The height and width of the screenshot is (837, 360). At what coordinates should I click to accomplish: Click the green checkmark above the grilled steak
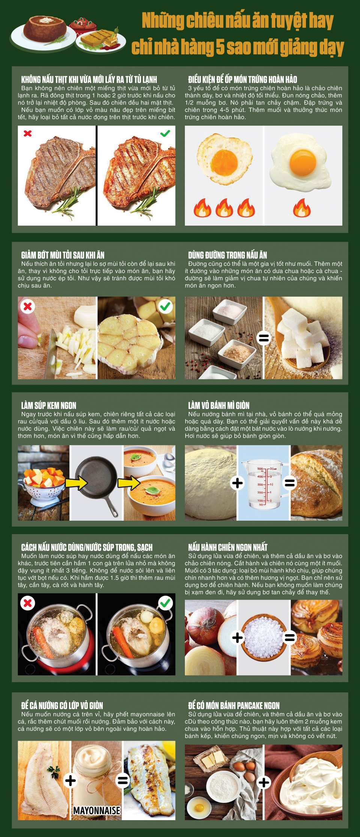(165, 133)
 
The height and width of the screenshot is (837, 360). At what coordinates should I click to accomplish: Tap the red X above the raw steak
(28, 133)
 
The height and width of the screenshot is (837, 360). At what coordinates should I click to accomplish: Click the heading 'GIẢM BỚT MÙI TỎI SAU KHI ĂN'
(63, 255)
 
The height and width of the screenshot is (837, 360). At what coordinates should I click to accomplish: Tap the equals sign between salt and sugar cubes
(264, 338)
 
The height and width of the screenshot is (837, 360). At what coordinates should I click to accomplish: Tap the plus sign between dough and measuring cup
(237, 483)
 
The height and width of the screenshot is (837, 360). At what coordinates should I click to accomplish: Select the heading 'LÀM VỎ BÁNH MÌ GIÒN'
(219, 406)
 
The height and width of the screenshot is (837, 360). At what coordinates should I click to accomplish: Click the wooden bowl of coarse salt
(264, 637)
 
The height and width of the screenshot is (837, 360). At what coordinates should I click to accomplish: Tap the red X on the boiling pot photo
(28, 603)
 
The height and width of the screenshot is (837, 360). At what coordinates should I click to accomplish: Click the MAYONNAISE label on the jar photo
(97, 810)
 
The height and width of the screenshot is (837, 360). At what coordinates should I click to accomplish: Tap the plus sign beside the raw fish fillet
(70, 781)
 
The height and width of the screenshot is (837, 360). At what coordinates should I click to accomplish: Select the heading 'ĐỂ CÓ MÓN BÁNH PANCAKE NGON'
(234, 706)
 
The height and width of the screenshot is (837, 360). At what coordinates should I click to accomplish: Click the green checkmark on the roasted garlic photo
(165, 306)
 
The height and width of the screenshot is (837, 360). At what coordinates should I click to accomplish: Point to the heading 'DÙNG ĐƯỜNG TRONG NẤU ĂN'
(228, 255)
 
